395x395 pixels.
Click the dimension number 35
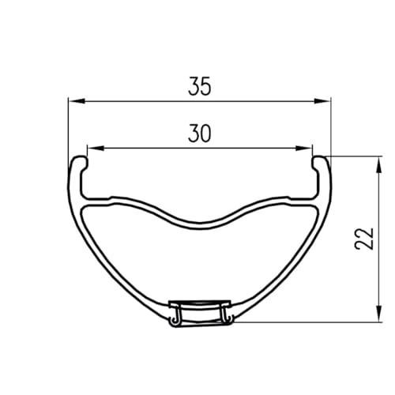tap(200, 86)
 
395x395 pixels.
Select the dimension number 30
tap(200, 134)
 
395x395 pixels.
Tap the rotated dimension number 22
tap(364, 239)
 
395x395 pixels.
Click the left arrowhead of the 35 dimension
tap(77, 101)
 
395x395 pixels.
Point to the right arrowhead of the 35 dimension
tap(322, 101)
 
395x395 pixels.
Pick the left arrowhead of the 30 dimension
tap(96, 149)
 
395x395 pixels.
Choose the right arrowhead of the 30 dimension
tap(304, 149)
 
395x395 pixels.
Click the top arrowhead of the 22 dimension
tap(378, 165)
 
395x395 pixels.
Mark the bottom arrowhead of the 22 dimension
tap(378, 314)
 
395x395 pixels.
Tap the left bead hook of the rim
tap(80, 163)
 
